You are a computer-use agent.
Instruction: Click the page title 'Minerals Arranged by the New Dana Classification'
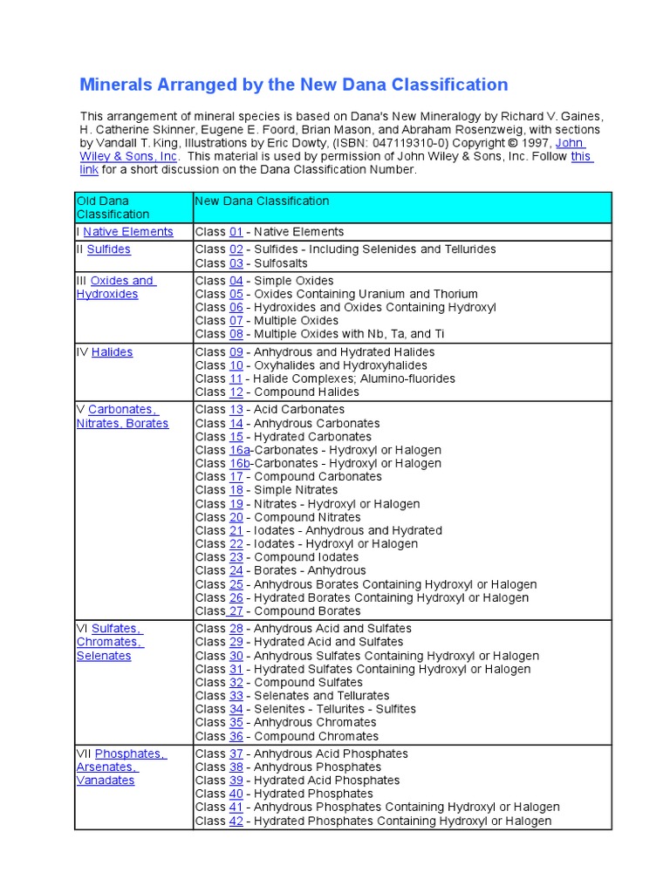coord(293,85)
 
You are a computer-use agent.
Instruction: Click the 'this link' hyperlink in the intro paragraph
coord(581,156)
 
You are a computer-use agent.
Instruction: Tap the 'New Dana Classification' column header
coord(262,201)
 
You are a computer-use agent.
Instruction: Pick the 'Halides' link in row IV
coord(112,352)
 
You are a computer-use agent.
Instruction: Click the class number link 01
coord(236,232)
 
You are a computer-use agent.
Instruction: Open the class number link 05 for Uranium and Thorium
coord(236,294)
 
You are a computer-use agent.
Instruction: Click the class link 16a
coord(239,450)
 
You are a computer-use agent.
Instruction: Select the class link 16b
coord(239,463)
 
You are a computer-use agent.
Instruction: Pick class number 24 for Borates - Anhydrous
coord(236,570)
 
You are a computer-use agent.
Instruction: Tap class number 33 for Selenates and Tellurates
coord(236,696)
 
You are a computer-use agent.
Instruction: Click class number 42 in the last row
coord(236,821)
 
